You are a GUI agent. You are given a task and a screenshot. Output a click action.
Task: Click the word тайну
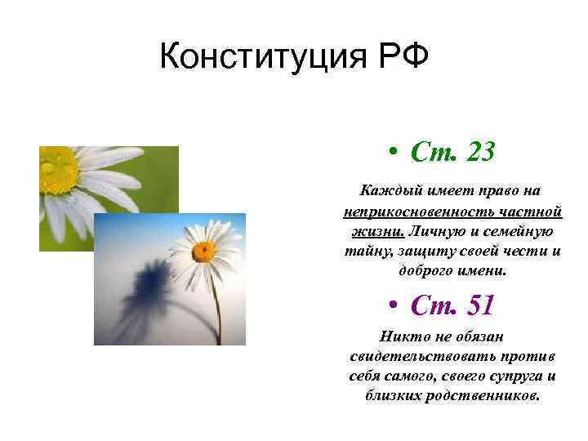tap(365, 252)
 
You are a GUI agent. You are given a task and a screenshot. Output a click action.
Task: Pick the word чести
tap(522, 252)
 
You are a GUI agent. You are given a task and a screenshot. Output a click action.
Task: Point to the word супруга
tap(514, 376)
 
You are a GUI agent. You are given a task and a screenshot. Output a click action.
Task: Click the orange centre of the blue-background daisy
tap(203, 251)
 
